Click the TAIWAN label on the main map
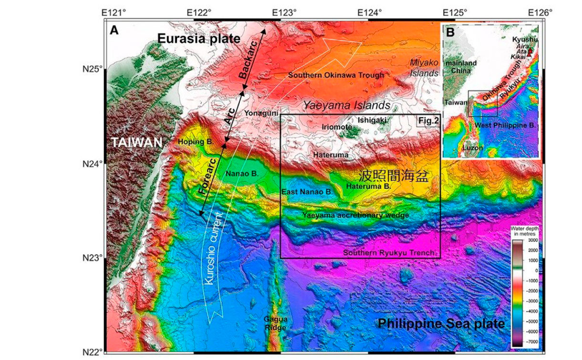[x=135, y=142]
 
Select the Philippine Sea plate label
[x=441, y=324]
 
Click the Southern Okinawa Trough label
[x=336, y=75]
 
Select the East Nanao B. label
[x=307, y=191]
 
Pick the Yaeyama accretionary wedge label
[x=355, y=216]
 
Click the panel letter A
[x=114, y=31]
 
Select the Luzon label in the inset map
[x=473, y=148]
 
